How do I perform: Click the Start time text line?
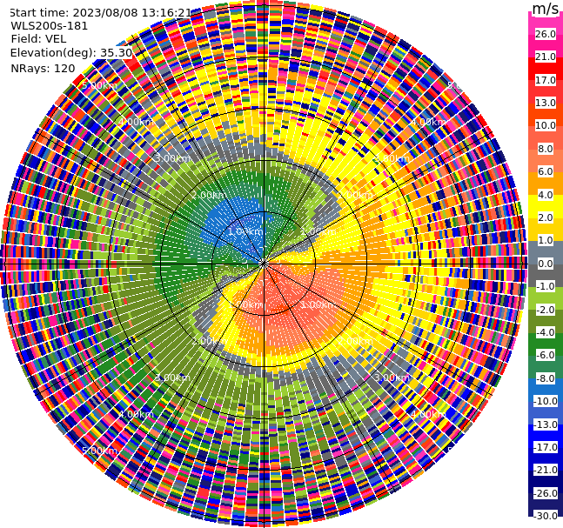[99, 12]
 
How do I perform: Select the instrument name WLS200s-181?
[49, 25]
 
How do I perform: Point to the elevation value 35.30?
[116, 53]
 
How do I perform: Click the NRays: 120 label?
[43, 68]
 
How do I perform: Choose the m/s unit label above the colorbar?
[545, 10]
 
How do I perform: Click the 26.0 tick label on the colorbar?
[545, 34]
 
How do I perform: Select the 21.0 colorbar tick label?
[545, 57]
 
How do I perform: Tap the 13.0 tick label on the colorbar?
[545, 103]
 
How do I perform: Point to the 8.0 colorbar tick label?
[545, 149]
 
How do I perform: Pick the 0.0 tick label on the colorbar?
[545, 264]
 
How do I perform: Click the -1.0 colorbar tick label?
[545, 286]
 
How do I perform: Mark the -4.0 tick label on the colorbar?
[545, 332]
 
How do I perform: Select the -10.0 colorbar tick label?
[545, 401]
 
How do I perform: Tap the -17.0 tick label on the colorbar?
[545, 447]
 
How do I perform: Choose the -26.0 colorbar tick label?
[545, 493]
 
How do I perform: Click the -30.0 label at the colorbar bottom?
[545, 516]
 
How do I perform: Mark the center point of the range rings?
[263, 264]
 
